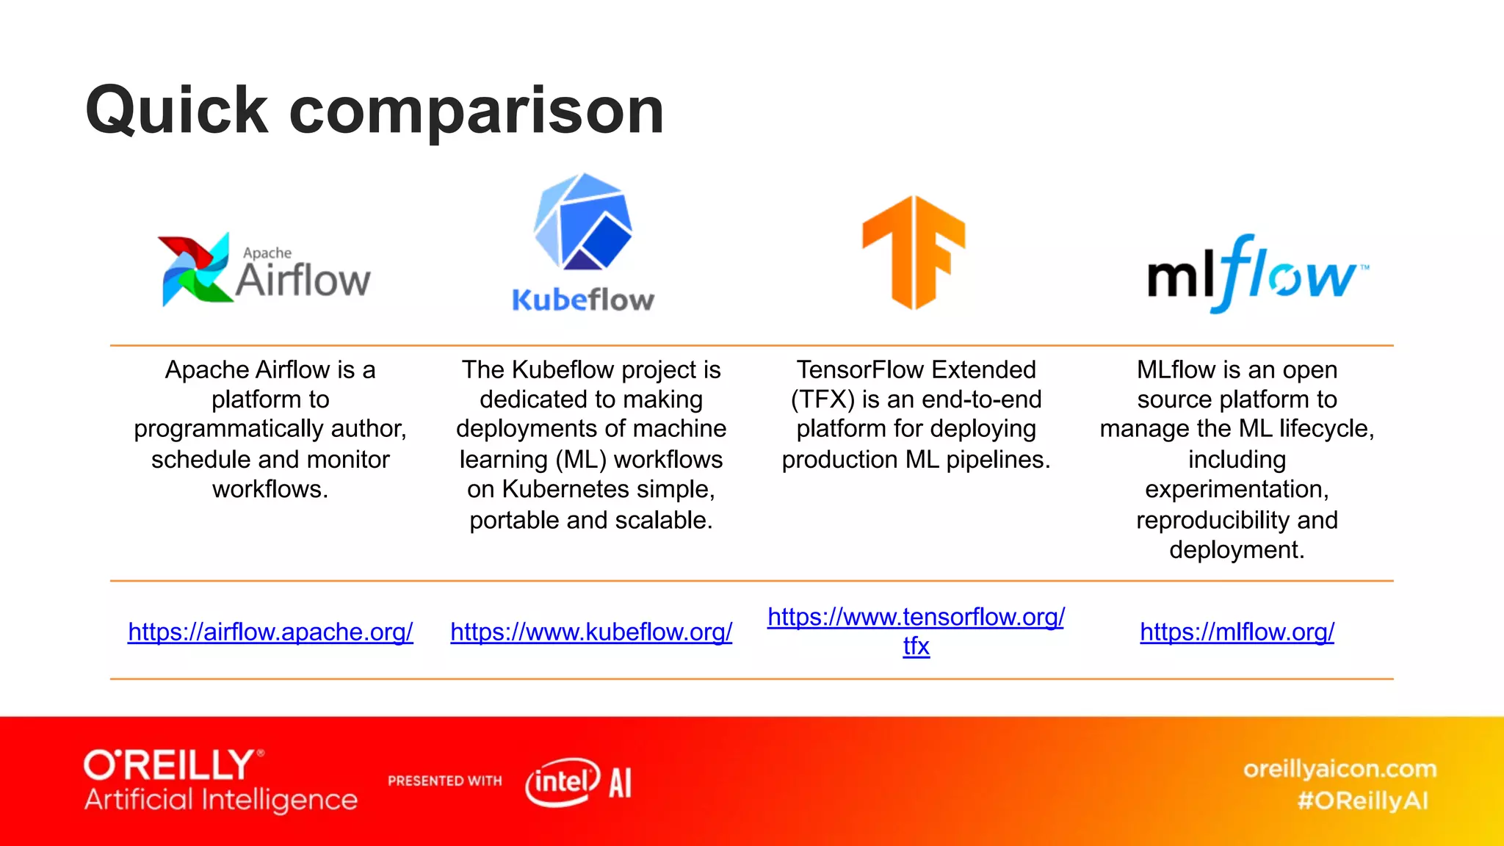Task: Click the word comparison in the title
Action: [477, 112]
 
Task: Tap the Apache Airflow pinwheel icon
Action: [195, 269]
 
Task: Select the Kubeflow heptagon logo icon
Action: [583, 222]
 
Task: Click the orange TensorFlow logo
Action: [914, 252]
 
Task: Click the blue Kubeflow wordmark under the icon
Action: [583, 300]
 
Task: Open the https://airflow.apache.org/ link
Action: [270, 632]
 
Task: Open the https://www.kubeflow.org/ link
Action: [591, 632]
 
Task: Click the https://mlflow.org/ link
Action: [1237, 632]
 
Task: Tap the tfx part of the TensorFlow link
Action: [916, 646]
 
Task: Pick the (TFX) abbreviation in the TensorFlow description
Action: [822, 399]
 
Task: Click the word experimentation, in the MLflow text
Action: [1237, 489]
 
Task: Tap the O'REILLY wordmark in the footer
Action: [170, 765]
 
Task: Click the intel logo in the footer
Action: [563, 782]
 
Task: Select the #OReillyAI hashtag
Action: [1362, 800]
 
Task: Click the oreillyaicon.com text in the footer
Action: [1339, 769]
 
